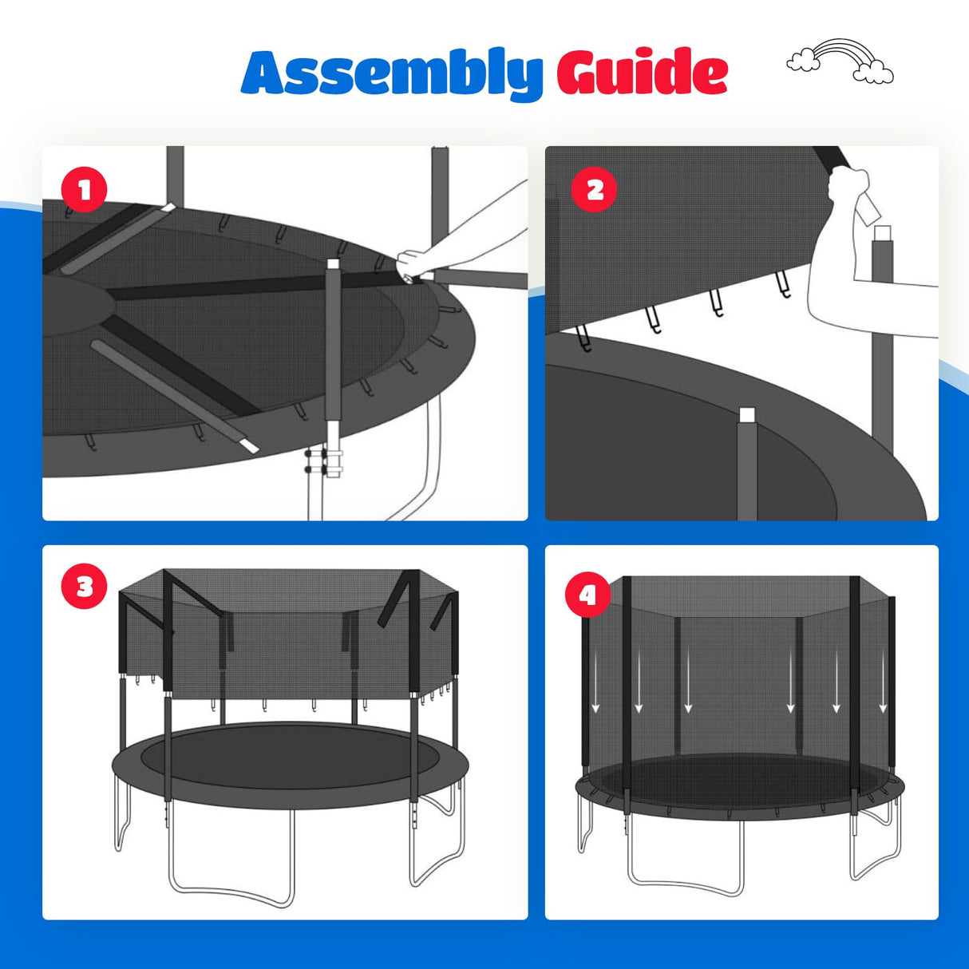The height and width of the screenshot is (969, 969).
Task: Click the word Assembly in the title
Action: coord(391,73)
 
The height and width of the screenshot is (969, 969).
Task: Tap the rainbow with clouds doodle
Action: coord(840,61)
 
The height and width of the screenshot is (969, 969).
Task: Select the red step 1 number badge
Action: coord(84,190)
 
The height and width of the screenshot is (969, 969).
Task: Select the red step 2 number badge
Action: coord(595,189)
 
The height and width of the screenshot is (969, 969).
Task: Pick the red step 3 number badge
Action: coord(84,587)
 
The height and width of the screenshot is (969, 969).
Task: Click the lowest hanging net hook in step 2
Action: coord(585,338)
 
